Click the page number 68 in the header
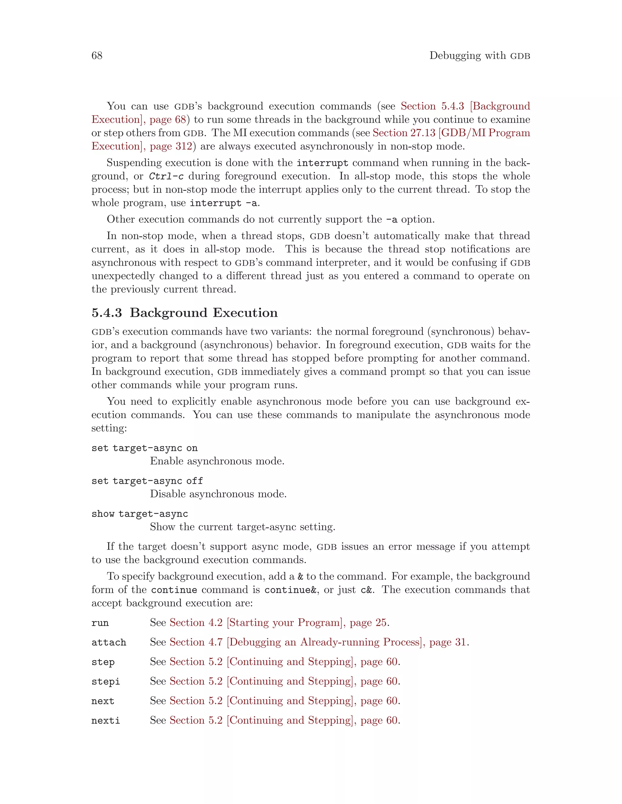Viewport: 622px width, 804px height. coord(97,56)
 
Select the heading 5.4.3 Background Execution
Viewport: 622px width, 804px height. coord(184,312)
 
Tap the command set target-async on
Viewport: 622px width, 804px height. coord(145,448)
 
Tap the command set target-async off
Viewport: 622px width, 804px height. coord(147,481)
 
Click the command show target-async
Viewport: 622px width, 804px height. coord(140,514)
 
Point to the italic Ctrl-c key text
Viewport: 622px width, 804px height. coord(166,176)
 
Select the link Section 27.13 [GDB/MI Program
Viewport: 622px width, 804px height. coord(451,133)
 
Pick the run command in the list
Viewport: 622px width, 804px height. coord(100,623)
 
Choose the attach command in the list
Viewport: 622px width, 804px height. coord(109,642)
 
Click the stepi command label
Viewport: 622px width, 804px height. coord(106,681)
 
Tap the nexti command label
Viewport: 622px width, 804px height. coord(106,721)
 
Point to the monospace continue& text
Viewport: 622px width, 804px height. coord(290,590)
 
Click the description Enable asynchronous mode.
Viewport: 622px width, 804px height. coord(217,461)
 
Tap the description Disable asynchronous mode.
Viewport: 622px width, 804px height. coord(218,494)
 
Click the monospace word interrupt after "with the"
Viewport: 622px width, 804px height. coord(323,163)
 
